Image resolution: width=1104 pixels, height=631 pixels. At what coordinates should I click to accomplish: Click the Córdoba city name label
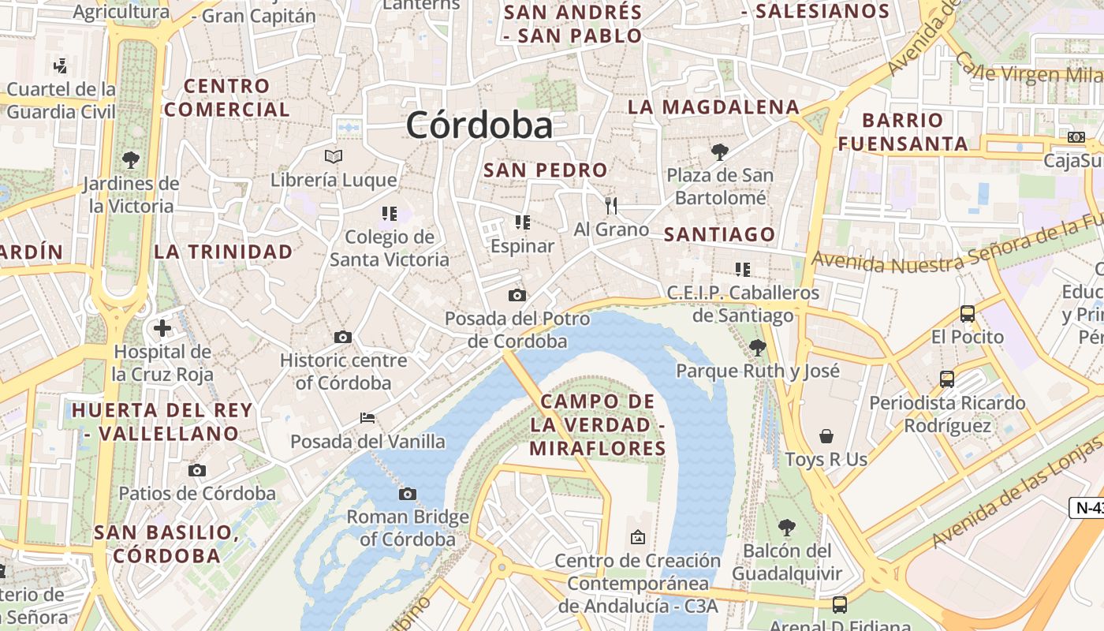tap(479, 125)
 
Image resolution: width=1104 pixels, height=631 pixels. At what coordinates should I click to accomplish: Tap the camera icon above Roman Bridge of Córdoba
tap(407, 494)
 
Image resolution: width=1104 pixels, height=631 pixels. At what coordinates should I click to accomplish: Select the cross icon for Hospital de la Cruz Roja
tap(162, 328)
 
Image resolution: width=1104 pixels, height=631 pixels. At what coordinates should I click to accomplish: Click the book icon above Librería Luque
tap(334, 156)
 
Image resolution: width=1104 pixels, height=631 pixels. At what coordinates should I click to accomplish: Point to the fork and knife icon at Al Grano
tap(611, 206)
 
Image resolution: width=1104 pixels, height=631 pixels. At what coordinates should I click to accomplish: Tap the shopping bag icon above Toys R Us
tap(826, 436)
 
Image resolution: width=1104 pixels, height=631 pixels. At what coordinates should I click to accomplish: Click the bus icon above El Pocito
tap(968, 313)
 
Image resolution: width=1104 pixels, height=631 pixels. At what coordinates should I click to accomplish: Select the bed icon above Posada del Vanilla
tap(367, 417)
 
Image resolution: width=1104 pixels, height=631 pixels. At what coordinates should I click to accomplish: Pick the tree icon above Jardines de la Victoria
tap(131, 160)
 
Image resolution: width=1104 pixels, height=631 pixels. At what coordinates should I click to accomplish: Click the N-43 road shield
tap(1088, 508)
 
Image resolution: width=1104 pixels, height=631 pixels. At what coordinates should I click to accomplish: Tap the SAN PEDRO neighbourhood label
tap(546, 170)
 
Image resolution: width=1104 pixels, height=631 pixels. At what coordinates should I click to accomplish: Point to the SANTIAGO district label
tap(720, 234)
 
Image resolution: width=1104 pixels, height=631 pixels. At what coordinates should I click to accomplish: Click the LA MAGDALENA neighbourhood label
tap(714, 106)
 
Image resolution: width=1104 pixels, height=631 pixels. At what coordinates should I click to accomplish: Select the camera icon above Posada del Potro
tap(517, 295)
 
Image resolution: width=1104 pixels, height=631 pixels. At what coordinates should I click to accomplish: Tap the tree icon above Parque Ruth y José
tap(757, 346)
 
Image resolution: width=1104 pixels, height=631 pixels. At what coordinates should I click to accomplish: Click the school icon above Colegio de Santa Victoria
tap(389, 213)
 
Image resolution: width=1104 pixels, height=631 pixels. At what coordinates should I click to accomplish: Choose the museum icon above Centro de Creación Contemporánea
tap(638, 537)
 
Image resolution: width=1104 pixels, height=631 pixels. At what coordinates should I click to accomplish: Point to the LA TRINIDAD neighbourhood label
tap(223, 252)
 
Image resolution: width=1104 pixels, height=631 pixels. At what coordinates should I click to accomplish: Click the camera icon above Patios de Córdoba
tap(197, 470)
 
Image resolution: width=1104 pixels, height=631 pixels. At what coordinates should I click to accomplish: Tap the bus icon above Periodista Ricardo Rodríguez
tap(947, 379)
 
